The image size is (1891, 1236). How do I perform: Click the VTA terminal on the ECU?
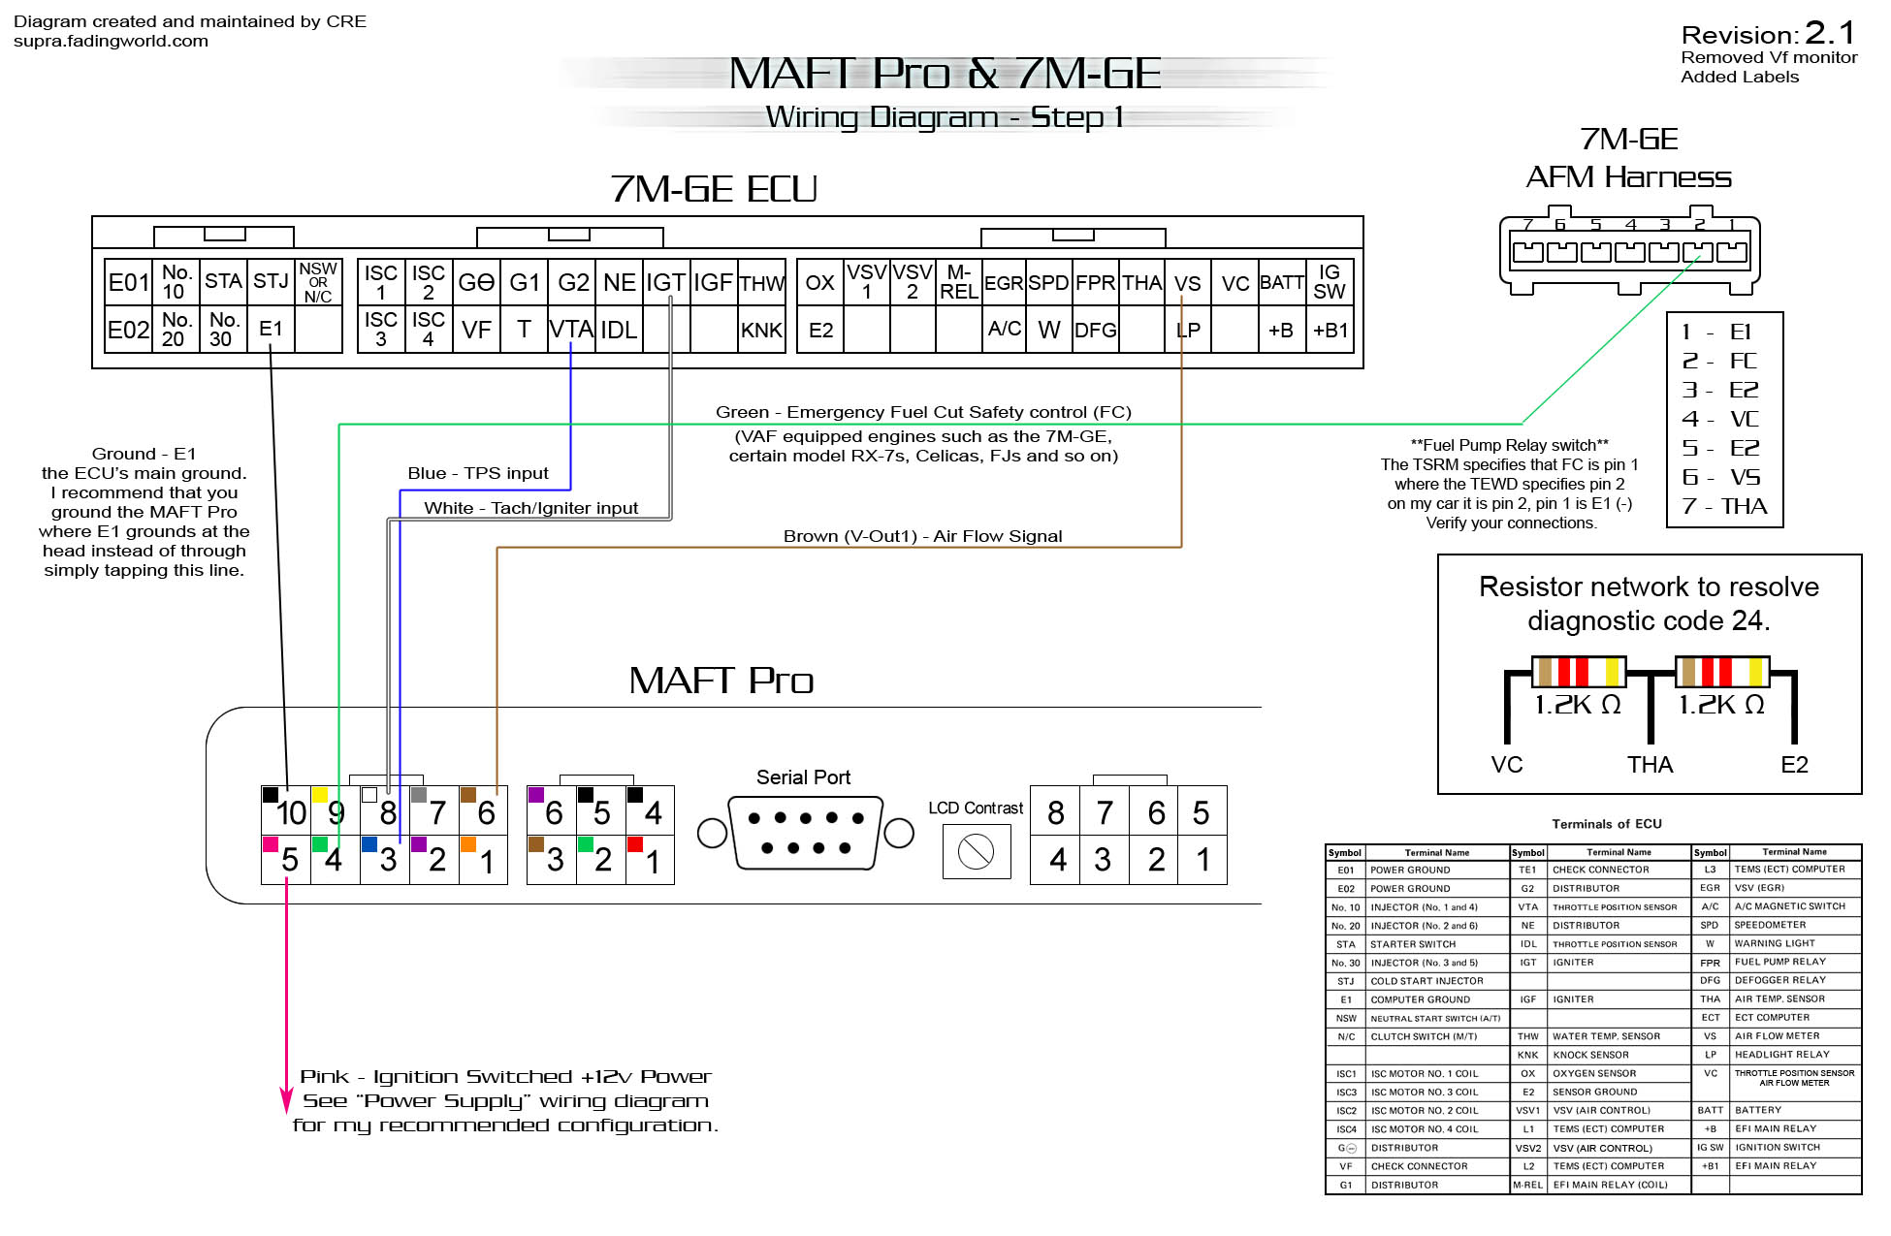click(x=571, y=330)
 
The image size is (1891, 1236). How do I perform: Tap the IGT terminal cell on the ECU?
click(x=665, y=282)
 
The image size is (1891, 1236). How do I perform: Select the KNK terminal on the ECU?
click(x=761, y=330)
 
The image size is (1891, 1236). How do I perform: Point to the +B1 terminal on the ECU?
click(x=1330, y=330)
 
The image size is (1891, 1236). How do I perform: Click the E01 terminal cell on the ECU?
click(x=128, y=282)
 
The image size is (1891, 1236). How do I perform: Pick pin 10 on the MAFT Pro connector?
click(x=290, y=812)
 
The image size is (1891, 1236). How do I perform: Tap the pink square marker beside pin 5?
click(x=271, y=844)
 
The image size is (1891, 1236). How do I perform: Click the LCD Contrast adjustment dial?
click(x=976, y=852)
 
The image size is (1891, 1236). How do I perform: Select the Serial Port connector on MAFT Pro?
click(x=805, y=833)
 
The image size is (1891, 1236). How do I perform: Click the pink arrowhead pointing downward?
click(x=286, y=1100)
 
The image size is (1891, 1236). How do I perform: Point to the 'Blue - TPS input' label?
click(x=477, y=473)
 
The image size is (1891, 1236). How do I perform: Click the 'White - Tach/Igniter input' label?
click(x=530, y=508)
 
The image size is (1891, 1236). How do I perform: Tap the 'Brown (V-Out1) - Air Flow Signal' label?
click(x=922, y=536)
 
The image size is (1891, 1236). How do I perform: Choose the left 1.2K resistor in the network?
click(x=1578, y=672)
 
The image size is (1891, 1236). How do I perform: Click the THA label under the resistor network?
click(x=1650, y=765)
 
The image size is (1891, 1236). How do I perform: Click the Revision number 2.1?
click(x=1829, y=34)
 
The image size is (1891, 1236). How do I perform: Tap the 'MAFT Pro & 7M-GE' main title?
click(x=945, y=74)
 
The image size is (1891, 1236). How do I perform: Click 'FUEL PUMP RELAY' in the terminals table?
click(x=1779, y=962)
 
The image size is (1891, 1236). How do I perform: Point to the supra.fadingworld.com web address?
click(x=111, y=41)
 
